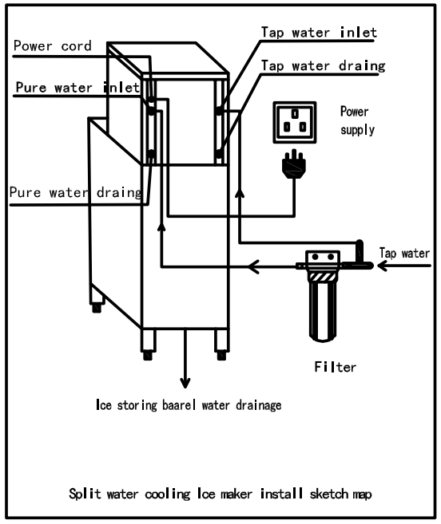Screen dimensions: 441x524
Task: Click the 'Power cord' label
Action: tap(52, 45)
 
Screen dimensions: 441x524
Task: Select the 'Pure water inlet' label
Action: tap(77, 88)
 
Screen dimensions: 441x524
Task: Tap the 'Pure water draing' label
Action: tap(75, 193)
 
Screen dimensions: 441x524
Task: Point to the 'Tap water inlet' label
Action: tap(319, 33)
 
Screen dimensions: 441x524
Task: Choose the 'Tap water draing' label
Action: tap(323, 66)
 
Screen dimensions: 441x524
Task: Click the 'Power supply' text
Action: tap(357, 120)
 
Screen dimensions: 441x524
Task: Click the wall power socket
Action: tap(295, 123)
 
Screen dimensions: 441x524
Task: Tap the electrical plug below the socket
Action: tap(294, 164)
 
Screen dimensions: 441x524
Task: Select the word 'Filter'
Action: tap(336, 367)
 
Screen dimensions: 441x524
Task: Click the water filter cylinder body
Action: tap(323, 312)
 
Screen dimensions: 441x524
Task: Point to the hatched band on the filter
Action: tap(323, 277)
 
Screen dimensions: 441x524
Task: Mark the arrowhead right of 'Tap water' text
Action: tap(383, 266)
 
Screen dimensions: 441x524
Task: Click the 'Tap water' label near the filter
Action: tap(404, 253)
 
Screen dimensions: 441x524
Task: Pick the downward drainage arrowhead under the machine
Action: tap(185, 383)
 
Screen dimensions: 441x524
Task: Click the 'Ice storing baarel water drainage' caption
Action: tap(189, 405)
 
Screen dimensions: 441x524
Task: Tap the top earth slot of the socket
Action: tap(295, 114)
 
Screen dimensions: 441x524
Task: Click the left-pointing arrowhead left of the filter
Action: tap(253, 266)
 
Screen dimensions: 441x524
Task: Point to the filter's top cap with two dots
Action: tap(323, 257)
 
